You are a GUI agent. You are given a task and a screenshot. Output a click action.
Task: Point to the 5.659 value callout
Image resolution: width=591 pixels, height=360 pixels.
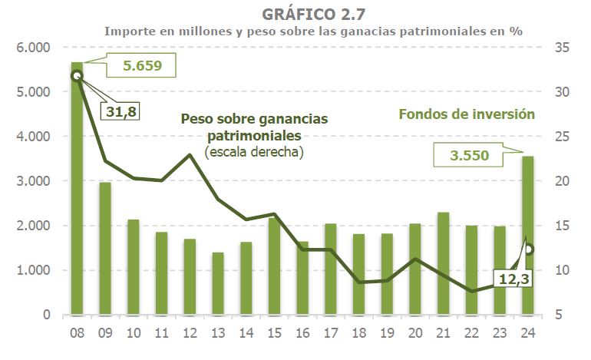pos(143,65)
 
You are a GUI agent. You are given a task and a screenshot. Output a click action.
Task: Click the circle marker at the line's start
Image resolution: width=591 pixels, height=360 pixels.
pos(77,75)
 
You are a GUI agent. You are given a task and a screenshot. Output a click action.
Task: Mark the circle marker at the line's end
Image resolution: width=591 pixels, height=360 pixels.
pos(529,249)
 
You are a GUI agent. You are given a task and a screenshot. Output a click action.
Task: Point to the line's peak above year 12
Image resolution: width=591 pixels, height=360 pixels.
pos(190,155)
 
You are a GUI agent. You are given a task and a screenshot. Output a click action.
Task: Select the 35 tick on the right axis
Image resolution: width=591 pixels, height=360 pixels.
pos(561,48)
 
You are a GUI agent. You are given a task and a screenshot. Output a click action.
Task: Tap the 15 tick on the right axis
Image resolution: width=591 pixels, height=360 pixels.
pos(561,226)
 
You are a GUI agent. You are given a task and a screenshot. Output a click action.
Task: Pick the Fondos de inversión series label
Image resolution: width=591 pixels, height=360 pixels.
pos(466,114)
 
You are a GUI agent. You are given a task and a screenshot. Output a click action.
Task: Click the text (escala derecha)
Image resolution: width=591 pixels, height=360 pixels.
pos(254,152)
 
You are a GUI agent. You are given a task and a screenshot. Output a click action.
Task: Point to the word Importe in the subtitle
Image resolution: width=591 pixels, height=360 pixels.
pos(129,31)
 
